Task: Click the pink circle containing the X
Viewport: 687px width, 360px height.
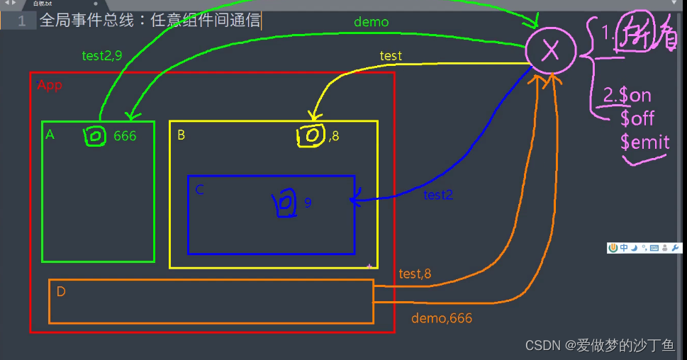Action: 550,50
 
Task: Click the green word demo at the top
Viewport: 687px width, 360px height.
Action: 372,22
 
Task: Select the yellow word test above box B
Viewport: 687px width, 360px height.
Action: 391,56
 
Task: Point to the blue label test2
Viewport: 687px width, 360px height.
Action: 438,195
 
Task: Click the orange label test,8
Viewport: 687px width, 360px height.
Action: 415,274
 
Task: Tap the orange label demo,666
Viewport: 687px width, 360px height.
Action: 441,319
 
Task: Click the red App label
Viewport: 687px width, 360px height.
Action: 50,86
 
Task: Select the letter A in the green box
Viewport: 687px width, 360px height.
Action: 50,135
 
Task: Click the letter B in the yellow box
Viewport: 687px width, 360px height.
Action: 181,135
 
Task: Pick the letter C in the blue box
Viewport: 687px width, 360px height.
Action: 199,189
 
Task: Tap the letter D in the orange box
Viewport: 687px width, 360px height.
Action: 61,292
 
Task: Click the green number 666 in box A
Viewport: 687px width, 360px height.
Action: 125,136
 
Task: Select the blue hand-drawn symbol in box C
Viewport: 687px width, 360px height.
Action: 284,203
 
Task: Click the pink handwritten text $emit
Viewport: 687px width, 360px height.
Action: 644,142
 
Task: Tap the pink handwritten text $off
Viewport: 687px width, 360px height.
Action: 637,118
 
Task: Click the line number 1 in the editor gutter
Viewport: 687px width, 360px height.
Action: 22,21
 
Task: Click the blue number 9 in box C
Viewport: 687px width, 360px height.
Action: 308,203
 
